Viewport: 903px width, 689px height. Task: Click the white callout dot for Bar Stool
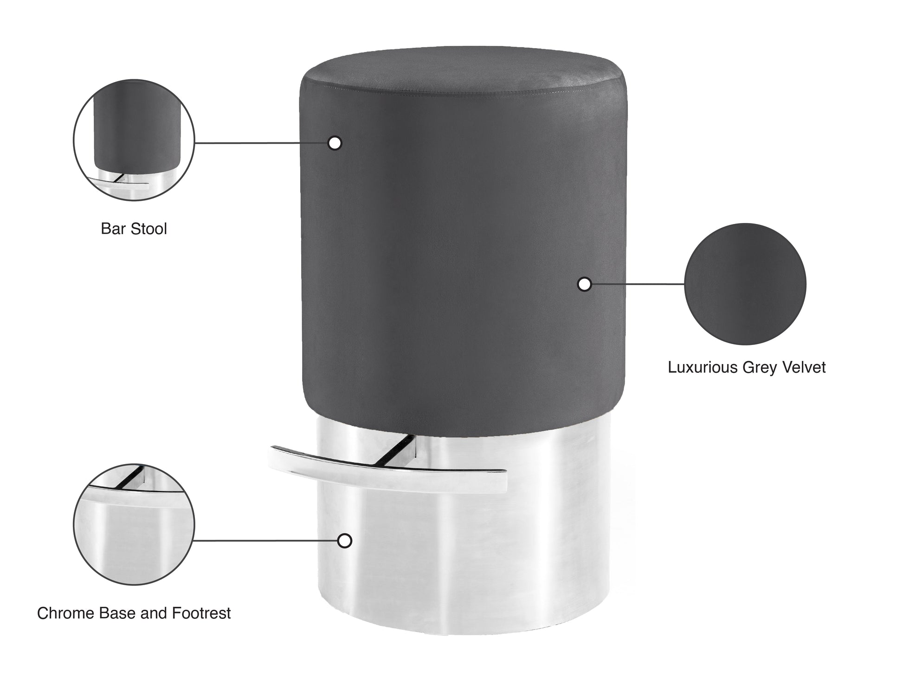[335, 143]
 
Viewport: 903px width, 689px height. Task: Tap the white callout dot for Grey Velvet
[584, 284]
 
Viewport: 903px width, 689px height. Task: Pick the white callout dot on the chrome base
[344, 541]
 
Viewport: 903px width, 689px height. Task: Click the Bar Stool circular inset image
[134, 140]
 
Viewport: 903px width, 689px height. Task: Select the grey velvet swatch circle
[745, 284]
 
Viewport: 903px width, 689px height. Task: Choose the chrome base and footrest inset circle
[134, 524]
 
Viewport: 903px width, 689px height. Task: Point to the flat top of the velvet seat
[464, 74]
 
